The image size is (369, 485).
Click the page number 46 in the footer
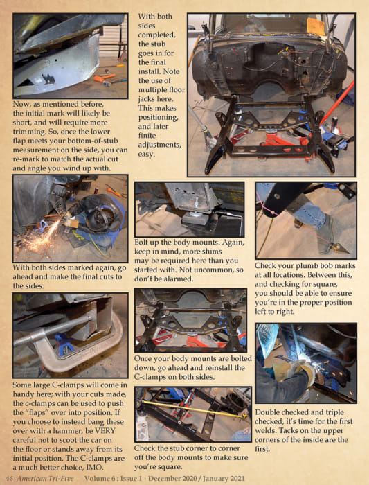[x=9, y=478]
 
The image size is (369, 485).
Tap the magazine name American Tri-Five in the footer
[x=45, y=478]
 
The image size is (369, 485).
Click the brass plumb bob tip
[x=341, y=247]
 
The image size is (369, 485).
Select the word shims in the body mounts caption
[x=211, y=251]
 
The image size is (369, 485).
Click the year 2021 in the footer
[x=235, y=478]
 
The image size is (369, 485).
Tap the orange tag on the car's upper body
[x=316, y=26]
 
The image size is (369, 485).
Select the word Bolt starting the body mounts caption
[x=141, y=242]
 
